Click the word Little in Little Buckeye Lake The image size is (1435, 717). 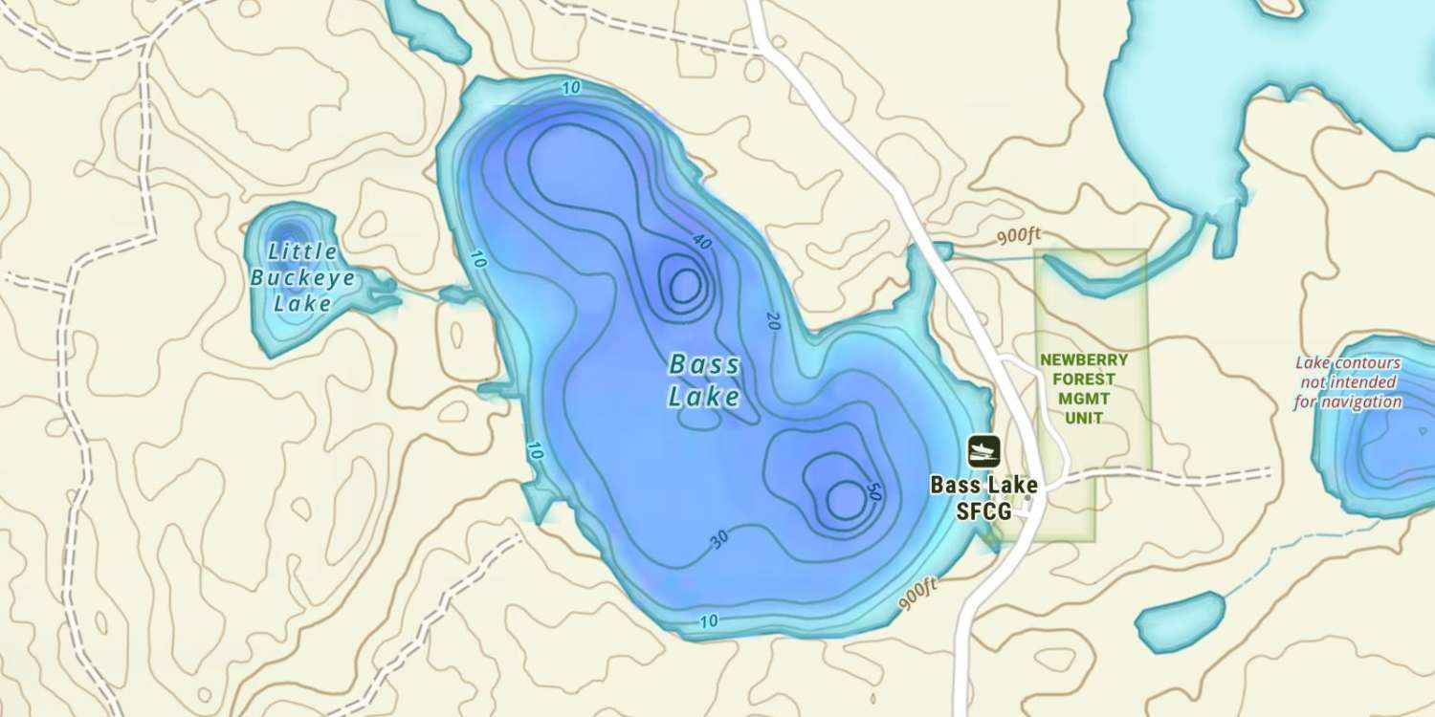click(302, 252)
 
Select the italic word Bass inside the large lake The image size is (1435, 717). click(704, 365)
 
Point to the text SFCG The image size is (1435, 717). click(983, 511)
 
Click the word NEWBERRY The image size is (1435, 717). click(1084, 360)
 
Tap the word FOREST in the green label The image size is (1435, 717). click(1084, 380)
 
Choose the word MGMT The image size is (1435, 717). click(1084, 399)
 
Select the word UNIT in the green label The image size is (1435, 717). click(1084, 418)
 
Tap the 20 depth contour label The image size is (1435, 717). click(773, 320)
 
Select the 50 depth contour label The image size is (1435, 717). click(872, 490)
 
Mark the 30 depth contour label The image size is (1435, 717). click(719, 539)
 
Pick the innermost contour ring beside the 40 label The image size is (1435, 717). click(685, 284)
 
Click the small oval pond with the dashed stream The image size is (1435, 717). click(1181, 621)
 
